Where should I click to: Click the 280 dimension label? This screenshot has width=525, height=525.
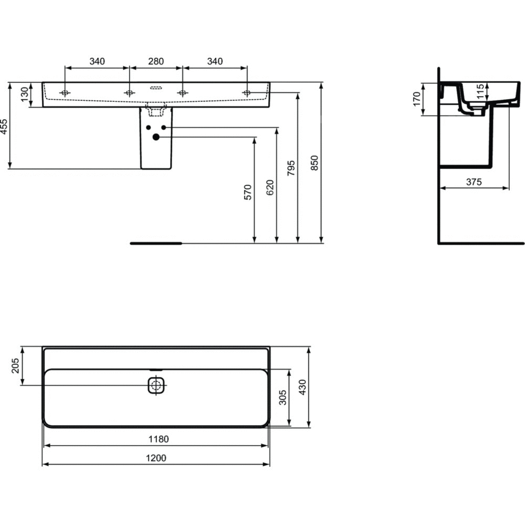coord(156,61)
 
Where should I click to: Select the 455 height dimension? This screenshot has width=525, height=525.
coord(4,126)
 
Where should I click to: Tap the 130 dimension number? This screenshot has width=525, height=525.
coord(25,94)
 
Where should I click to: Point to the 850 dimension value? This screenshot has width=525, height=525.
coord(314,163)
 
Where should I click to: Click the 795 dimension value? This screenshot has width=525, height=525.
coord(291,168)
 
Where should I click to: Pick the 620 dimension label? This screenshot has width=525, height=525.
coord(270,187)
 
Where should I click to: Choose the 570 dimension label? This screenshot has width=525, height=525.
coord(248,192)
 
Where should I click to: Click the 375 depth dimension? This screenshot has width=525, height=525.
coord(474,182)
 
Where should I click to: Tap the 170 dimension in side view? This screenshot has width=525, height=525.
coord(416,99)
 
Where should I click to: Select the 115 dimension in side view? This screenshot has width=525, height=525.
coord(480,92)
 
